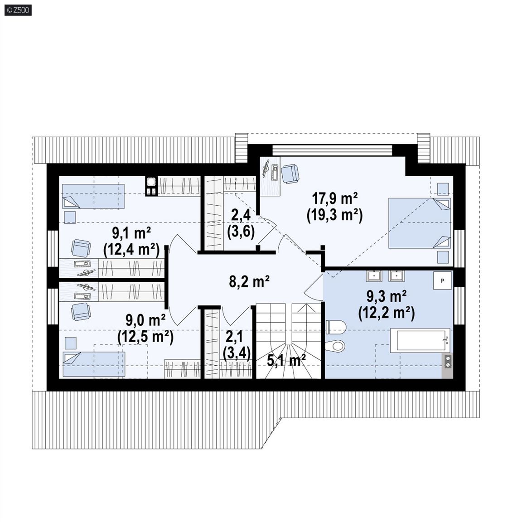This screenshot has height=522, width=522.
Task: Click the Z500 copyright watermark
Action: [x=18, y=10]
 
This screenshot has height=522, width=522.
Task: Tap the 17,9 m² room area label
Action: [x=334, y=199]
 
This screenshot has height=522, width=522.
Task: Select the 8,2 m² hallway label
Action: [x=249, y=282]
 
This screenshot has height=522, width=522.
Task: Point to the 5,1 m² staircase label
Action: [x=286, y=361]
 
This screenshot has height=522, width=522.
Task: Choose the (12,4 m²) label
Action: [x=131, y=250]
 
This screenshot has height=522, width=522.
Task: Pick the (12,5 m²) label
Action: [x=145, y=337]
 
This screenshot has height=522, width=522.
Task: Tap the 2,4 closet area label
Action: [x=241, y=215]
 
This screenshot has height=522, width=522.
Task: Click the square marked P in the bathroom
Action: [x=442, y=280]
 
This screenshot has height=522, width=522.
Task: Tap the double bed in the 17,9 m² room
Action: [x=420, y=223]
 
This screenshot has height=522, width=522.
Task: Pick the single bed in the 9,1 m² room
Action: [x=93, y=196]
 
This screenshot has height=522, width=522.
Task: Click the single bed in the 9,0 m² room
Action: [x=94, y=364]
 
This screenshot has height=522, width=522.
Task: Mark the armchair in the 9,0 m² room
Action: [x=81, y=311]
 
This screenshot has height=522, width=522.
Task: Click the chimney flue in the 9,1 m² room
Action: [x=151, y=186]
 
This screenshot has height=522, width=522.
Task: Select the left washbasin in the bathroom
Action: [x=374, y=276]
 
